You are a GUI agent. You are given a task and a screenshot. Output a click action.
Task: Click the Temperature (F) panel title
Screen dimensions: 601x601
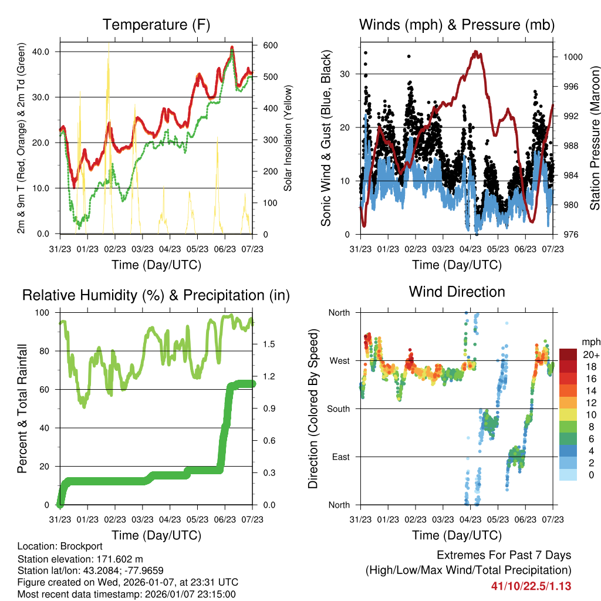pos(156,25)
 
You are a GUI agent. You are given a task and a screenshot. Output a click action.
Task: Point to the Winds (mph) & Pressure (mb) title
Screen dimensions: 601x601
pos(457,25)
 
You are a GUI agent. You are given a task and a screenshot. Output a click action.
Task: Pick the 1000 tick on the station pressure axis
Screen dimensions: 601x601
pos(572,58)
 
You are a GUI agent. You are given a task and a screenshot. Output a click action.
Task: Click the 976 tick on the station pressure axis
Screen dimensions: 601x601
pos(570,235)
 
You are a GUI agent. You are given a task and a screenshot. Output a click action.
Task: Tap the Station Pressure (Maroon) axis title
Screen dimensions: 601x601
pos(594,139)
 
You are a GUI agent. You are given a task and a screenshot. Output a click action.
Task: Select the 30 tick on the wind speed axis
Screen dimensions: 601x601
pos(346,74)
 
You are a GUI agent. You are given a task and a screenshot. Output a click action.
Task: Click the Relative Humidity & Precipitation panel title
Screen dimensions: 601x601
pos(156,295)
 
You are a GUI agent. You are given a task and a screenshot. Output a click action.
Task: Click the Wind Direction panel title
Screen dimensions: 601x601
pos(457,292)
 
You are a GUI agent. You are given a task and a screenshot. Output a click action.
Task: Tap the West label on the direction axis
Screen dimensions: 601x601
pos(339,361)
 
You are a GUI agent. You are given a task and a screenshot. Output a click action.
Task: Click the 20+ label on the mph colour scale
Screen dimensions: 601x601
pos(590,354)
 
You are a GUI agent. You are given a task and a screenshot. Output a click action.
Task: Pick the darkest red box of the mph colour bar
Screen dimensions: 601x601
pos(568,354)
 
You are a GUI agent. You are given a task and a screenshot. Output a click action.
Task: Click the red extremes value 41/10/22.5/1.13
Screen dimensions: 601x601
pos(531,586)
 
